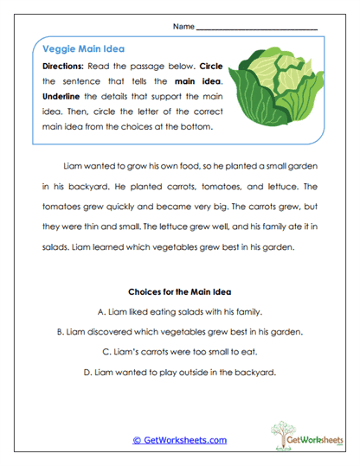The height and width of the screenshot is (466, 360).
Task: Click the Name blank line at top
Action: [x=257, y=29]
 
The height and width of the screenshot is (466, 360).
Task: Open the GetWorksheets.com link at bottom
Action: [x=179, y=440]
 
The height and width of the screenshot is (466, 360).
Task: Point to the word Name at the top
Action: [x=183, y=26]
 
